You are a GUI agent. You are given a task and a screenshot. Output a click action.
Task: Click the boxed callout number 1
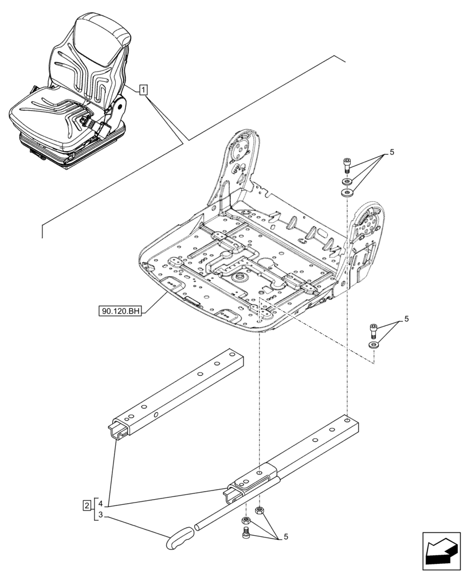(143, 89)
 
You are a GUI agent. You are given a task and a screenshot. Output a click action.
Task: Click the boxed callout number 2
(86, 505)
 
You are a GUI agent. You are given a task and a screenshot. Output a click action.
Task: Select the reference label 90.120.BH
(120, 311)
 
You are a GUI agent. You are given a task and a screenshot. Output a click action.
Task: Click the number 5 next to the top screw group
(392, 152)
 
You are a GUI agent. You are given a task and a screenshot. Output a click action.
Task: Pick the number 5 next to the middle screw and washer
(406, 319)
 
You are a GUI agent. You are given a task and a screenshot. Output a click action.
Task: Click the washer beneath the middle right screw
(374, 345)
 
